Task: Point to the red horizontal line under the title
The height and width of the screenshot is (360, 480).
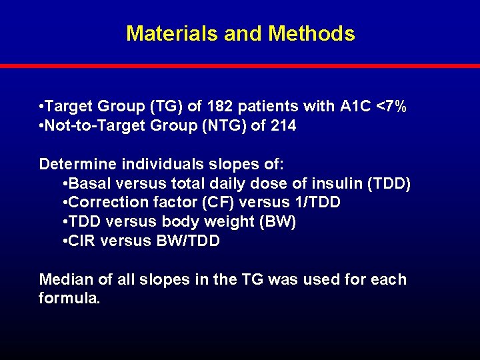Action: point(240,66)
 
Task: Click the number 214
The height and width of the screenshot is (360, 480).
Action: point(283,125)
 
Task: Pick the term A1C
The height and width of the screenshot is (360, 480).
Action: point(357,107)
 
